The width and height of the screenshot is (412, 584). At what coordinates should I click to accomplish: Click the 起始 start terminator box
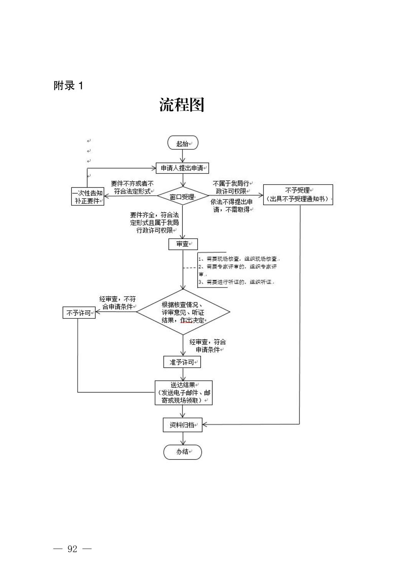pos(183,143)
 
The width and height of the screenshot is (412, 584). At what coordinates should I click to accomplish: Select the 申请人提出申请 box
pos(182,168)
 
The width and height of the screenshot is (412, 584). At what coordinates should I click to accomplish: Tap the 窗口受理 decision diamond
pos(182,197)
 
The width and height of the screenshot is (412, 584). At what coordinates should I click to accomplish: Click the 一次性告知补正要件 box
pos(88,197)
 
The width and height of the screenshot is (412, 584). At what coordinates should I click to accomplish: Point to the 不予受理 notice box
pos(298,194)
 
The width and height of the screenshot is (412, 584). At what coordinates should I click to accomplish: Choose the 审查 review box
pos(183,244)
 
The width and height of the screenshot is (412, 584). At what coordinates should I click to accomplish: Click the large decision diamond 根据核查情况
pos(183,312)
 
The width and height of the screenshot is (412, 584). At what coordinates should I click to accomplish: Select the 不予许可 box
pos(79,313)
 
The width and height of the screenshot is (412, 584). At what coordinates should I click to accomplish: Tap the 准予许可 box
pos(182,362)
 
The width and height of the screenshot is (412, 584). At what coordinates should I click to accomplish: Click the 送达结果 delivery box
pos(183,392)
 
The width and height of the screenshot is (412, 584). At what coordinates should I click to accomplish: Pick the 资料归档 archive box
pos(182,425)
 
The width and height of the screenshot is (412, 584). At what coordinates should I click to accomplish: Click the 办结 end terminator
pos(183,452)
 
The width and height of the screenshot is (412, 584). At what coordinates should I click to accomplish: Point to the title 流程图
pos(182,105)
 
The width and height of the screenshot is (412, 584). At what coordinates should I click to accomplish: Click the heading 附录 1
pos(68,85)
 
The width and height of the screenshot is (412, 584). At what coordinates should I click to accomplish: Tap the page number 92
pos(73,549)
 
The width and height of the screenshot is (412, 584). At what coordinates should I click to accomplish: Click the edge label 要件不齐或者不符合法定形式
pos(132,187)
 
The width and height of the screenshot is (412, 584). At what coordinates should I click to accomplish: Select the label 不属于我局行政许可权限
pos(231,187)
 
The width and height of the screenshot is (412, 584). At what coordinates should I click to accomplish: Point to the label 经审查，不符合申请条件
pos(118,303)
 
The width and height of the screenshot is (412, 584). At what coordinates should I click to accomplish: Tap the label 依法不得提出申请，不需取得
pos(231,206)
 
